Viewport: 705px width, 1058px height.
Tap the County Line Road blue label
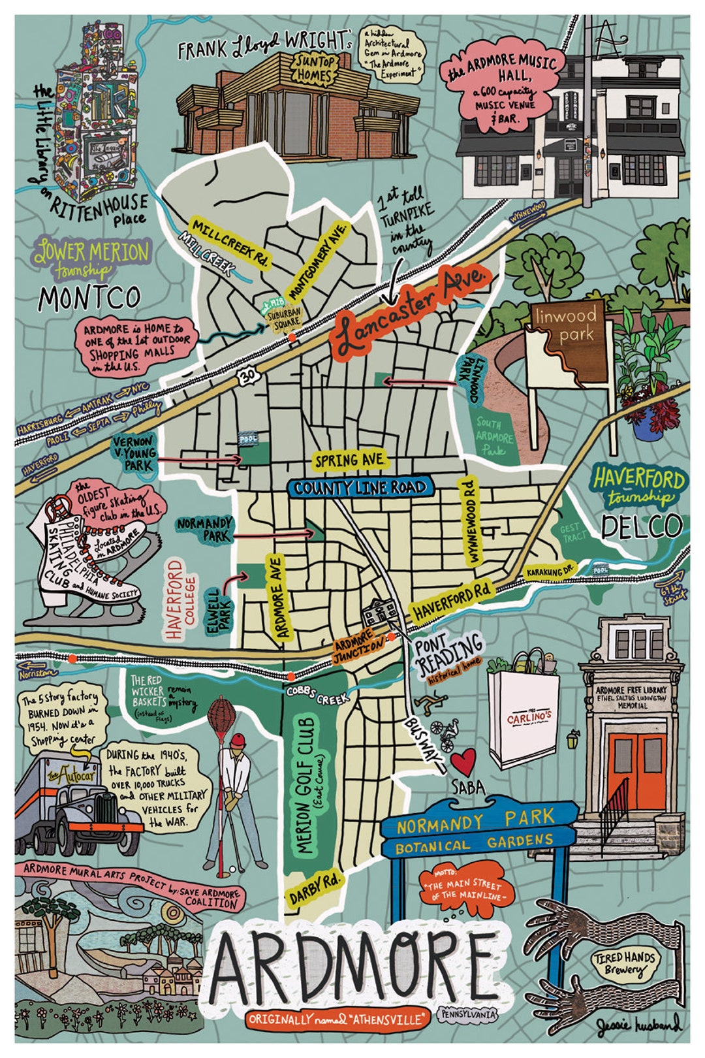coord(360,487)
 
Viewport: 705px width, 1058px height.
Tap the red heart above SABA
coord(465,761)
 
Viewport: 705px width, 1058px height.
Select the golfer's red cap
coord(239,741)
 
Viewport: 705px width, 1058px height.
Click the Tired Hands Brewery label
coord(623,963)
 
